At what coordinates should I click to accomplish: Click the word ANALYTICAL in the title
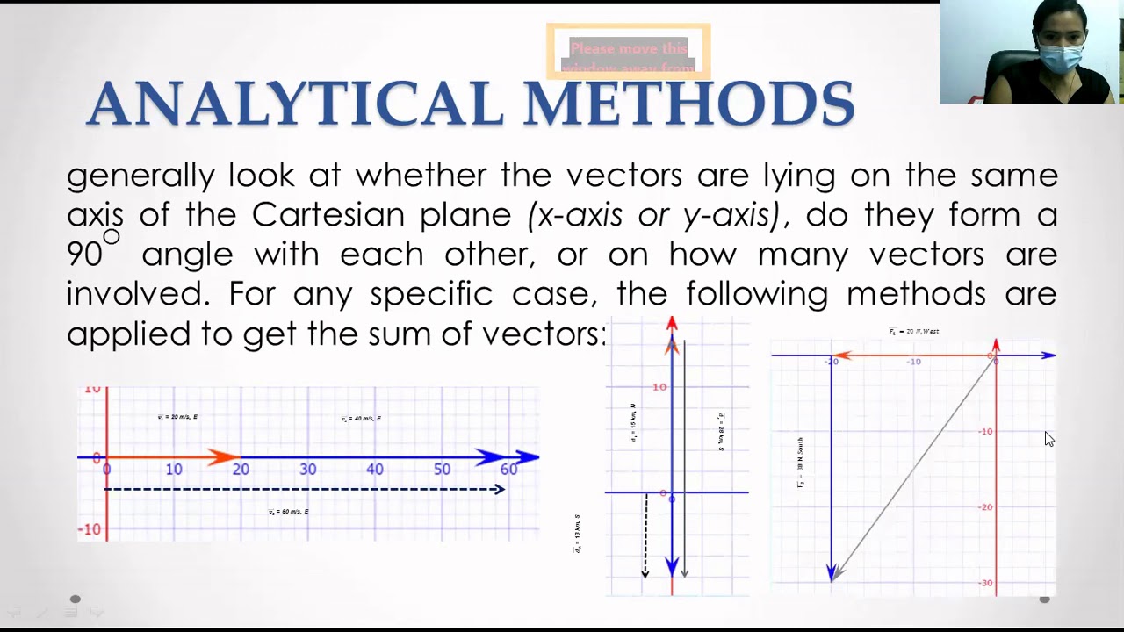(297, 104)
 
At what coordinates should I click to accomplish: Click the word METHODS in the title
(689, 104)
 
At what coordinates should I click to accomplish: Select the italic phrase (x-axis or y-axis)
(653, 215)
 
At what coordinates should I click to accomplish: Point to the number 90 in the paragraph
(84, 255)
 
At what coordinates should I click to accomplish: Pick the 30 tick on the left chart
(307, 470)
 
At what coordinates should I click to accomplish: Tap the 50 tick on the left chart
(442, 470)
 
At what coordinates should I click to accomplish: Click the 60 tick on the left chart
(508, 470)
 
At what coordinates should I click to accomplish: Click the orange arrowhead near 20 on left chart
(224, 456)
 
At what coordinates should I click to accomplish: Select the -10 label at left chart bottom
(91, 530)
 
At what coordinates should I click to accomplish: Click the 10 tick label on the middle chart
(659, 387)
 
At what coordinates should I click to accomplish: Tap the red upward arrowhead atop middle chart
(672, 325)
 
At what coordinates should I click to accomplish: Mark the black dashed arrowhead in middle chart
(645, 572)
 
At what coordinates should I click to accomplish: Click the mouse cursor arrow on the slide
(1048, 439)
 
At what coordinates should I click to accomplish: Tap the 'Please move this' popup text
(628, 48)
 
